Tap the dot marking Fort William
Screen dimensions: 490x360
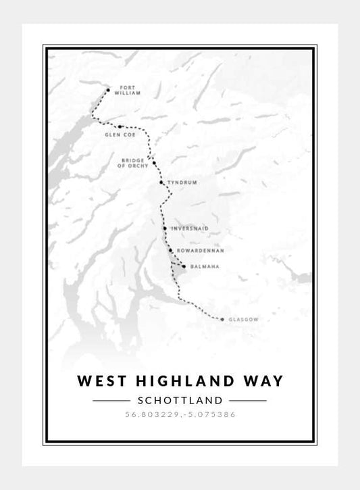tap(107, 88)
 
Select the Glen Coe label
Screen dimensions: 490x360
tap(117, 134)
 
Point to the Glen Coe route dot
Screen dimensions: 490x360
tap(120, 126)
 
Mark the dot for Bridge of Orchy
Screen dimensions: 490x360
tap(154, 163)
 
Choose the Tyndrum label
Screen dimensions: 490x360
tap(181, 183)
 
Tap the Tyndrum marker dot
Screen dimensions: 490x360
tap(161, 182)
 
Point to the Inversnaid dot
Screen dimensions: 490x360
tap(165, 228)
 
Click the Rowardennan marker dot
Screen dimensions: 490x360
tap(171, 250)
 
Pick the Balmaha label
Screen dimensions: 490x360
tap(205, 266)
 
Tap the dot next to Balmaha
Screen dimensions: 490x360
tap(184, 266)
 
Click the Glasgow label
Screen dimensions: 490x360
tap(243, 319)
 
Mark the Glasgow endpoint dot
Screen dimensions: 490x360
tap(222, 318)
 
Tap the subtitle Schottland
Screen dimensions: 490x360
tap(180, 400)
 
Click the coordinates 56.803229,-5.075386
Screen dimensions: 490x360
tap(180, 414)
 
